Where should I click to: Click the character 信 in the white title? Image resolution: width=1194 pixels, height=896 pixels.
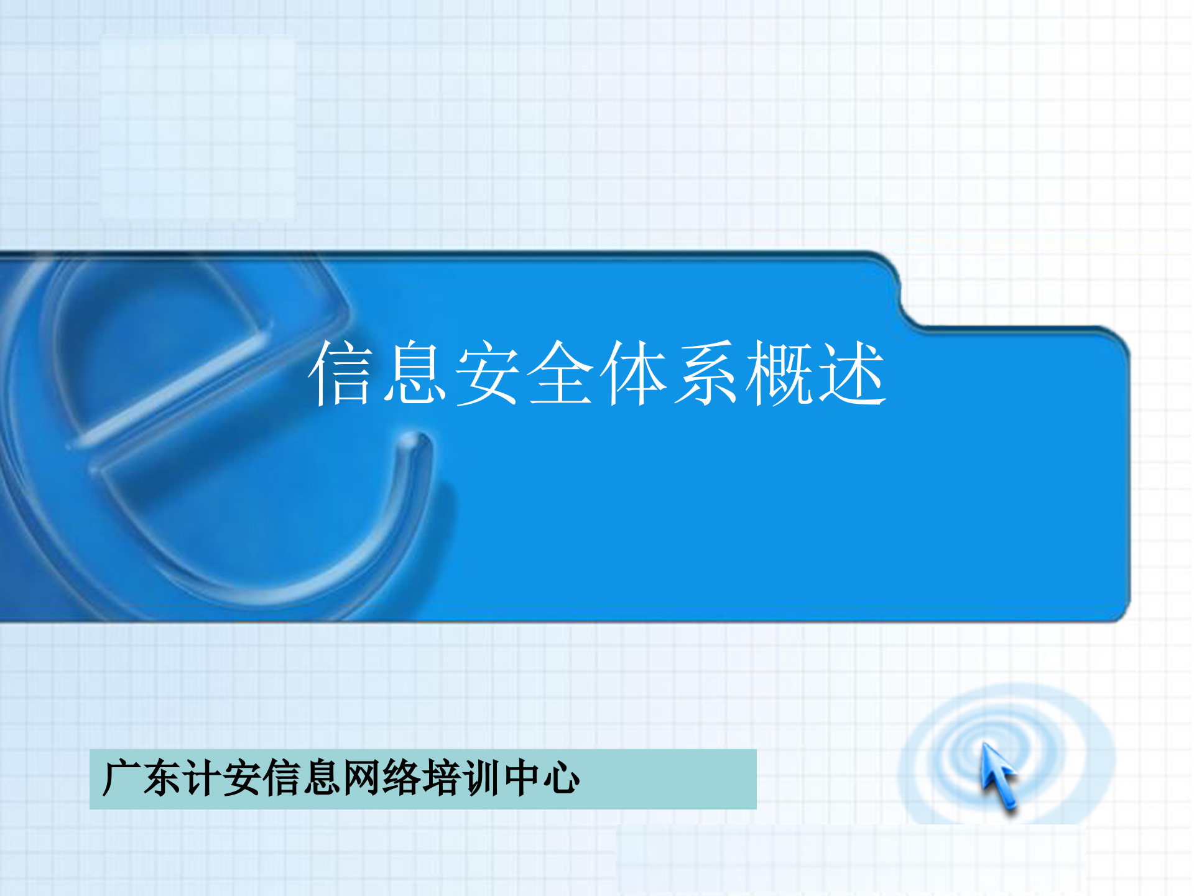pyautogui.click(x=341, y=373)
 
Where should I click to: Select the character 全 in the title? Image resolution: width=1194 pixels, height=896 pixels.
pyautogui.click(x=560, y=373)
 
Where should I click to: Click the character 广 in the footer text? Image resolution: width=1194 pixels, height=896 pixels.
pyautogui.click(x=121, y=778)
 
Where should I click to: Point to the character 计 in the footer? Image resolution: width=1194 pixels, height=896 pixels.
pyautogui.click(x=201, y=778)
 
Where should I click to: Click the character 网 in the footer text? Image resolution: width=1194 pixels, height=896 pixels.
pyautogui.click(x=361, y=778)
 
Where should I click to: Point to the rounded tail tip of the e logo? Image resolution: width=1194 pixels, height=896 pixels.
pyautogui.click(x=417, y=442)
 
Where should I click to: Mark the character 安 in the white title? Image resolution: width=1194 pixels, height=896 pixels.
pyautogui.click(x=488, y=373)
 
